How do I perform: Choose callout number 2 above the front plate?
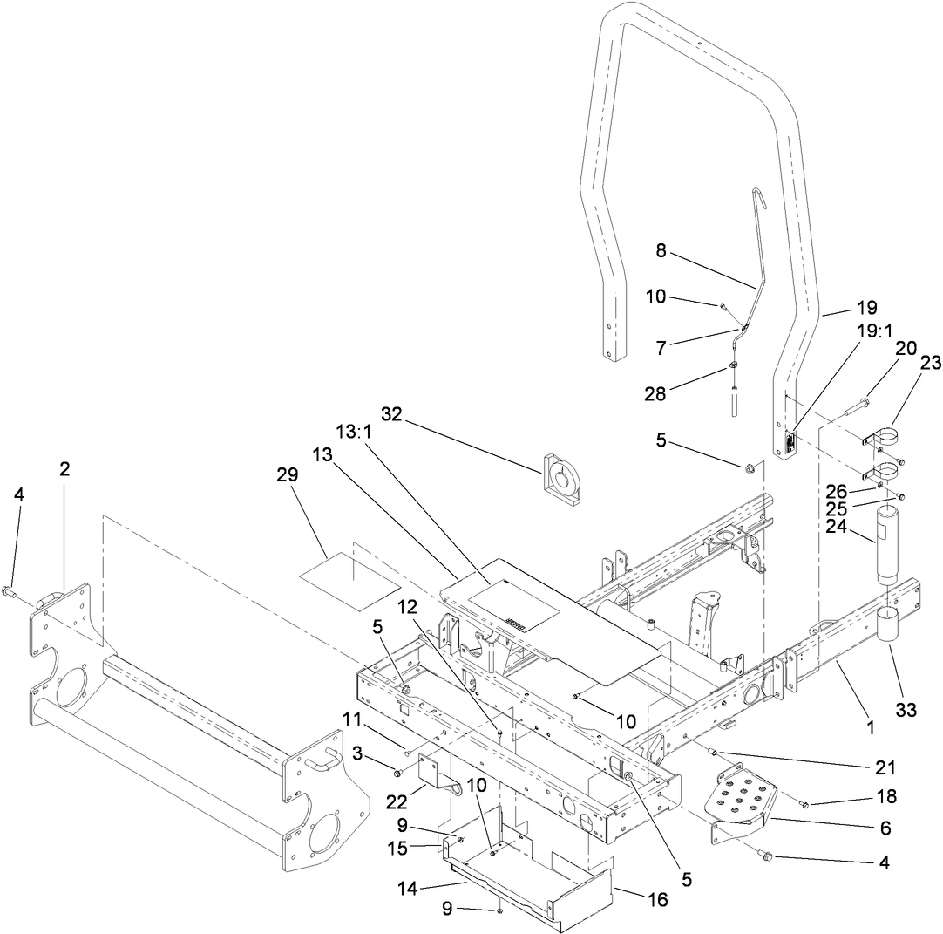[x=64, y=468]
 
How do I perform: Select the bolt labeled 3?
[x=397, y=773]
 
